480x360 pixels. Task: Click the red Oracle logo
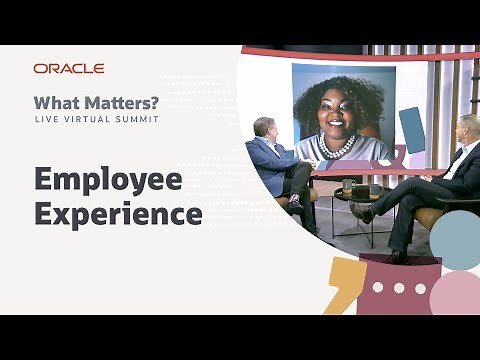pos(69,68)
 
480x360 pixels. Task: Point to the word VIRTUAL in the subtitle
pos(90,120)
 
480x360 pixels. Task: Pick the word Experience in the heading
pos(118,213)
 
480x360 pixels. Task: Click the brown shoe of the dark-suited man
pos(366,213)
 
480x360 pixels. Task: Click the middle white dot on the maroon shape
pos(399,288)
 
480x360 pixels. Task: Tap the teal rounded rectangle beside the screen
pos(412,129)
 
